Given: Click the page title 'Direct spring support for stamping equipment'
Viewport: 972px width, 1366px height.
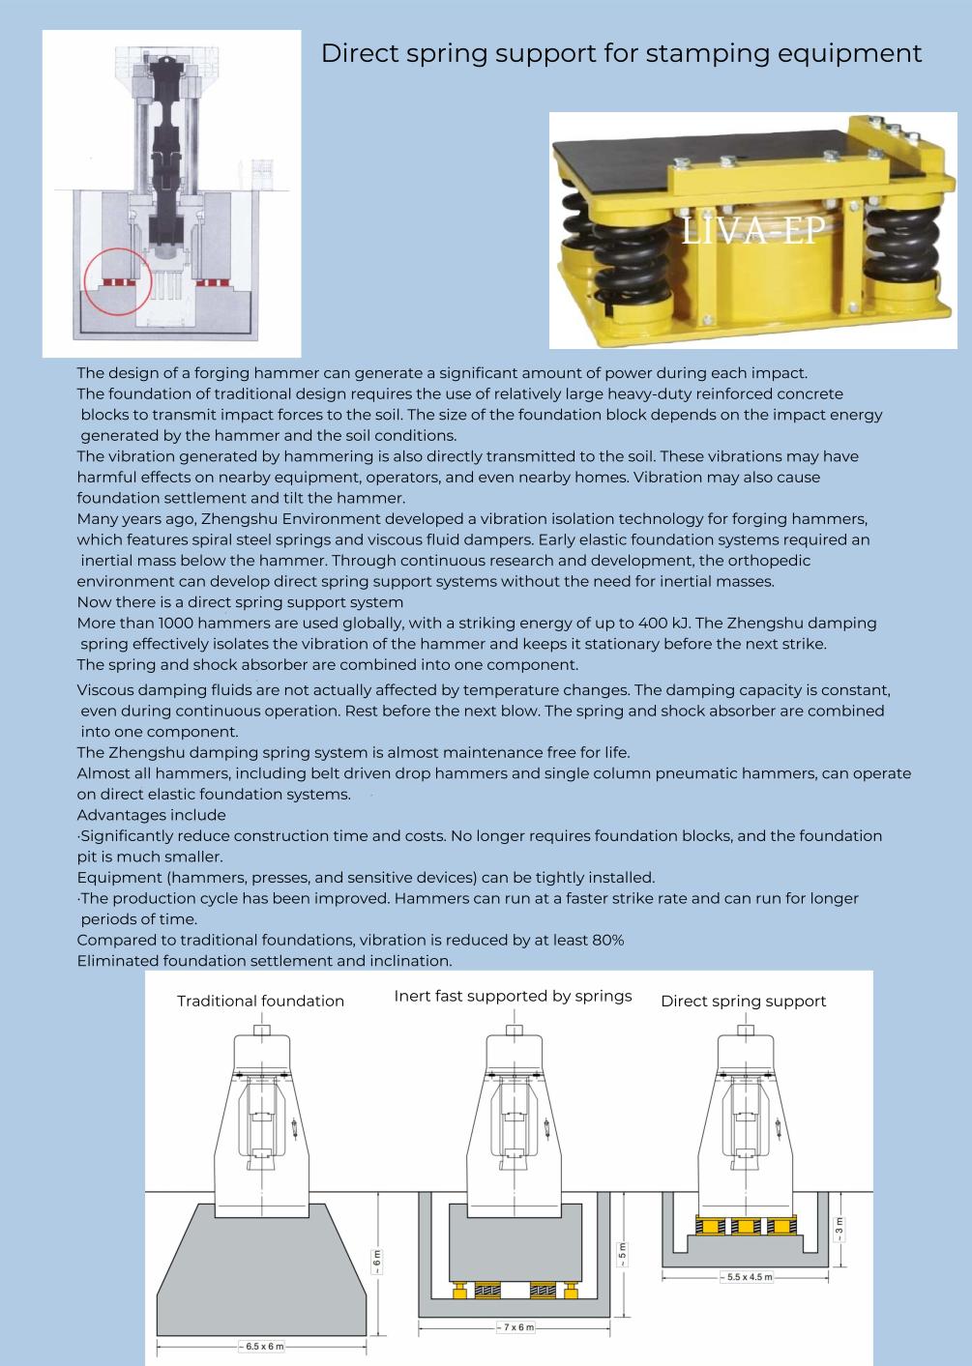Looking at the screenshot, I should [621, 53].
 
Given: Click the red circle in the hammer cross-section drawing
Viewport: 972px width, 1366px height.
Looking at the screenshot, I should [119, 281].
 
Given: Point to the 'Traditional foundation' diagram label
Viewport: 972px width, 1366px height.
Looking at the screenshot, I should [260, 1001].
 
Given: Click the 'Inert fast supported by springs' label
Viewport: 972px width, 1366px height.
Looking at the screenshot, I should [513, 996].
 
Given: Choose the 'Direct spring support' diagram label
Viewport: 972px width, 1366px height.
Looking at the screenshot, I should [743, 1001].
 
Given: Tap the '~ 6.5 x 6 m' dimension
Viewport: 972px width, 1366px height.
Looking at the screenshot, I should [261, 1346].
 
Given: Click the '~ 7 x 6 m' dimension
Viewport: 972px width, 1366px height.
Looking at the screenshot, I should [515, 1327].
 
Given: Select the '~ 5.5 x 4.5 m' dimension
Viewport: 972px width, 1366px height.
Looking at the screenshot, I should [746, 1277].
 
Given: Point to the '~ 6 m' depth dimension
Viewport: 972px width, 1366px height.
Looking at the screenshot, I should [377, 1261].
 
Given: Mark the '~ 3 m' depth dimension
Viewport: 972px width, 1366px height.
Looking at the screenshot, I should [839, 1229].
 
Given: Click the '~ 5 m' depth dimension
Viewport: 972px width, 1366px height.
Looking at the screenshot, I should [622, 1254].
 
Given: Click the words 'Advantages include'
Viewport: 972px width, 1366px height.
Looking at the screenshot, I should [151, 815].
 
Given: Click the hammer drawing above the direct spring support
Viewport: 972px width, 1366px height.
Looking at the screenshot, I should [746, 1112].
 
